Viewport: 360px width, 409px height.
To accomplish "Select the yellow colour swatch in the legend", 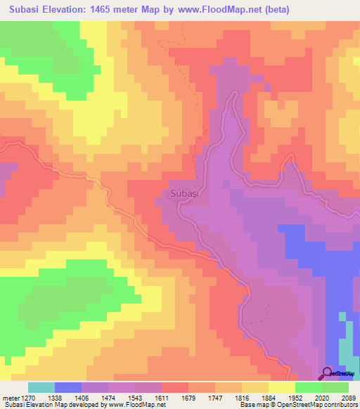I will point(282,387).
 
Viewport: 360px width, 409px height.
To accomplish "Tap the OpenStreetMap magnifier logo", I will point(328,373).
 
